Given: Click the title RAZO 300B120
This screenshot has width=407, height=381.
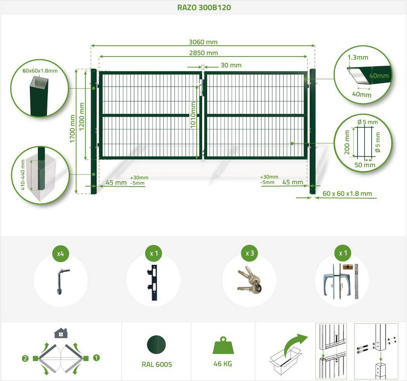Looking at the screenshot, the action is [x=204, y=7].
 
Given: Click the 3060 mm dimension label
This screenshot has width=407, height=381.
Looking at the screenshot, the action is [x=203, y=42].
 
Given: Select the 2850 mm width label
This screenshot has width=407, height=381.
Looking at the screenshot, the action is [x=203, y=53].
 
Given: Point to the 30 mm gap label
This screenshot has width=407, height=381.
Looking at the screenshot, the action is [x=231, y=65].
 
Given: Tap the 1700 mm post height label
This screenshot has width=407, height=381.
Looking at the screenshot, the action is [x=72, y=129].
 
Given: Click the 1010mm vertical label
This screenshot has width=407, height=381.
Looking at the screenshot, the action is [x=193, y=115].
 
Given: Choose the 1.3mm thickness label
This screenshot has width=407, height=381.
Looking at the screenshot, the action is [x=358, y=58].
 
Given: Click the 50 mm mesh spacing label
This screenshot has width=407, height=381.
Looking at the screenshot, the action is [x=365, y=165].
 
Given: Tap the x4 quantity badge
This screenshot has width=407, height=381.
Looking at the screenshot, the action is [x=60, y=254].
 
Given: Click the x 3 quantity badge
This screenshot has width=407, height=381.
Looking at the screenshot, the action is [x=250, y=253].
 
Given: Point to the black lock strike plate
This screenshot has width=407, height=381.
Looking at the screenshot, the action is [x=153, y=283].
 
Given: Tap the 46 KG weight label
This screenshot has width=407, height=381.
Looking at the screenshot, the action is [x=223, y=364].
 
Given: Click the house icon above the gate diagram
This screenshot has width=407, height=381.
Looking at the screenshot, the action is [x=61, y=333].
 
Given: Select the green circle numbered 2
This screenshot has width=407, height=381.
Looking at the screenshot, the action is [x=25, y=359].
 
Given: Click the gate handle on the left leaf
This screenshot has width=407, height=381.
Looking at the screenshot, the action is [x=196, y=84].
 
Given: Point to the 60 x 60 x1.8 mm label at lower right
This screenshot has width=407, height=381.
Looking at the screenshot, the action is [x=347, y=194].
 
